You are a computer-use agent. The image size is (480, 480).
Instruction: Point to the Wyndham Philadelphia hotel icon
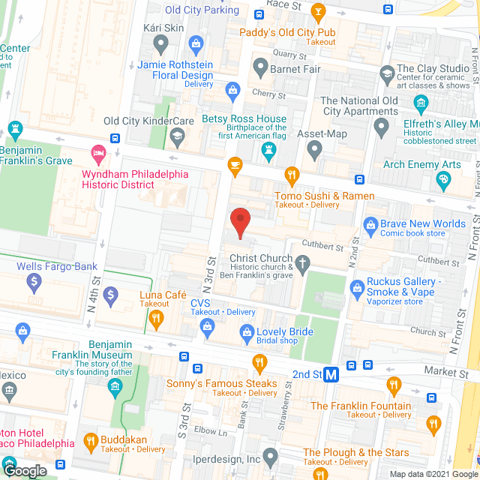97,156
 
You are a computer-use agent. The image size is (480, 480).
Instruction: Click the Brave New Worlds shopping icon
370,223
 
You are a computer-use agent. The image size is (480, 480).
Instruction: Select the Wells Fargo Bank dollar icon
33,283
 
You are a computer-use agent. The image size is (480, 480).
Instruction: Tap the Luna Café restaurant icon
156,319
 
